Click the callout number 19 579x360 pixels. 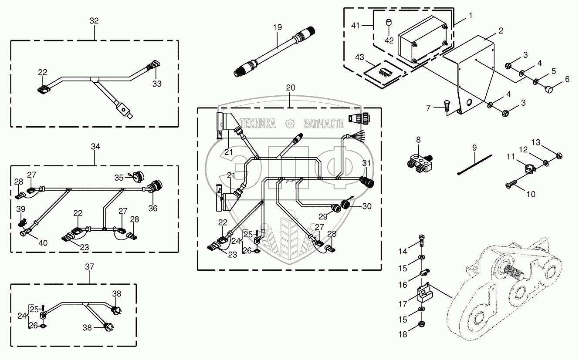point(278,27)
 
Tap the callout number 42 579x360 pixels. point(389,40)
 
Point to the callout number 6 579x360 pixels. point(567,79)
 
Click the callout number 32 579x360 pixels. point(94,21)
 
